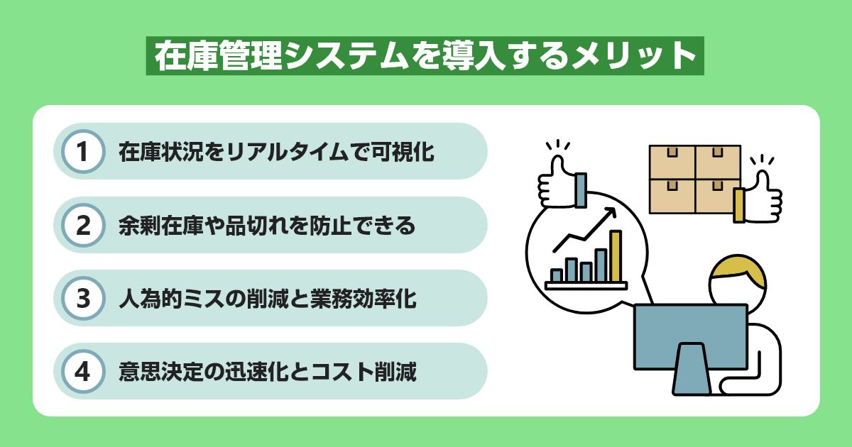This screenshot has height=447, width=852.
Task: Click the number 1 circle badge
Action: (84, 152)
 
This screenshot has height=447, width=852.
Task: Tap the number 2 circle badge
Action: (84, 225)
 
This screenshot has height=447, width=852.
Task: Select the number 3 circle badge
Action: (84, 298)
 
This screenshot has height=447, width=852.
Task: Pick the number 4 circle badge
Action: (84, 371)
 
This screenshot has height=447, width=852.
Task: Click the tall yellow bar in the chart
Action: (615, 256)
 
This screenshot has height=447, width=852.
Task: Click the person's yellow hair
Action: (738, 270)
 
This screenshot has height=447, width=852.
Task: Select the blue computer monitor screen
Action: (689, 334)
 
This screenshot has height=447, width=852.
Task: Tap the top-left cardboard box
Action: (672, 161)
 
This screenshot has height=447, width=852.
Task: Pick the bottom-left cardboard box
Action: (672, 196)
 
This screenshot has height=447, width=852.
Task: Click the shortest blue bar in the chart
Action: (557, 275)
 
